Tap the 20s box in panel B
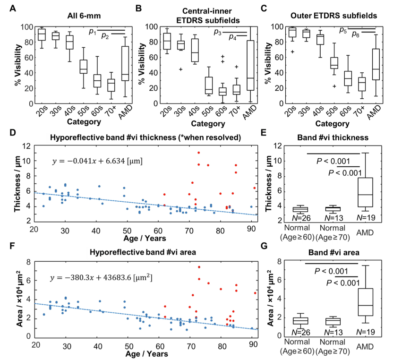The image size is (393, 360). pyautogui.click(x=167, y=41)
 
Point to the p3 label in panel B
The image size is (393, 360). pyautogui.click(x=218, y=32)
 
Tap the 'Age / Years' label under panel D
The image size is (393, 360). pyautogui.click(x=144, y=238)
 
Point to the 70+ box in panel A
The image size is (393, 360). pyautogui.click(x=111, y=85)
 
